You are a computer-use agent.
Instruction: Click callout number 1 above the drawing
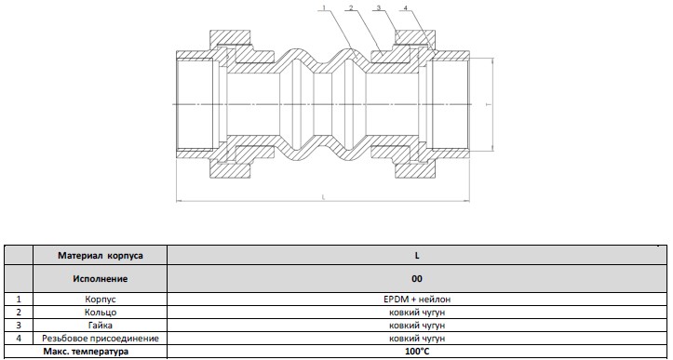[x=325, y=7]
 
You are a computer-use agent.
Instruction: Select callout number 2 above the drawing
[x=352, y=7]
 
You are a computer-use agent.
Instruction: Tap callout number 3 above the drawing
[x=379, y=7]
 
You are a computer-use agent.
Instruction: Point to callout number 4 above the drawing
[x=405, y=7]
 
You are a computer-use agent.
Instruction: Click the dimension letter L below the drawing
[x=323, y=197]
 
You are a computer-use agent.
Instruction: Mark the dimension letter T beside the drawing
[x=488, y=104]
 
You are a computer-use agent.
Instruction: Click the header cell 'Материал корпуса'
[x=100, y=256]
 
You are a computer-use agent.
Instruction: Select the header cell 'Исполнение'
[x=100, y=279]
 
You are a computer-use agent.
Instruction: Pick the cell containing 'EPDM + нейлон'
[x=417, y=300]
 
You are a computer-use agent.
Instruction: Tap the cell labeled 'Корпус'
[x=100, y=300]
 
